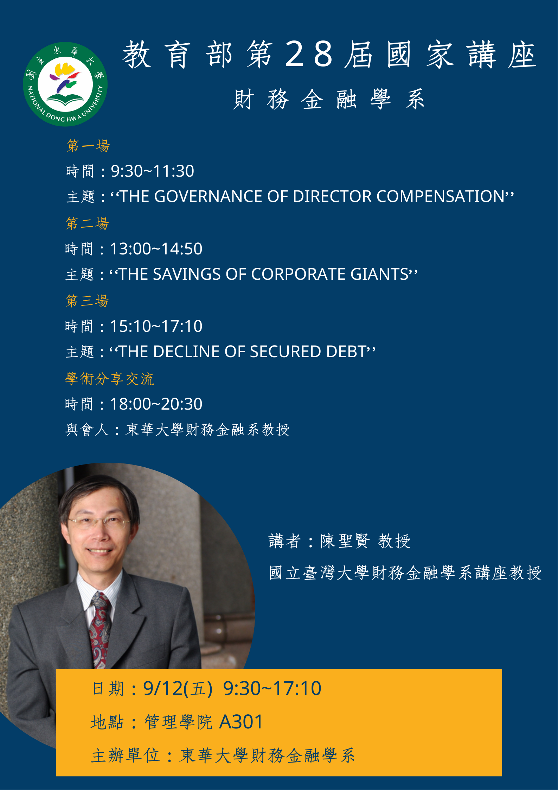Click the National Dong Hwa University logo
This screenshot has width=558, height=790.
pos(65,84)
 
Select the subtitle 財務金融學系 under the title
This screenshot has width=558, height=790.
pos(329,99)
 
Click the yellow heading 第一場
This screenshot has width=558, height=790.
pos(88,146)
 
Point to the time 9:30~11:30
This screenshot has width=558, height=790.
pos(153,171)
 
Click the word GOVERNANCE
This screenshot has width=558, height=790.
pos(209,196)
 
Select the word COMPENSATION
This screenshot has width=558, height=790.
pos(441,196)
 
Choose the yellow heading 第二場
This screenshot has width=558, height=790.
pos(88,223)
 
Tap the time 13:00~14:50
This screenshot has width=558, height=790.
pos(156,249)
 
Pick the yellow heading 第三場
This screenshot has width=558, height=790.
pos(88,301)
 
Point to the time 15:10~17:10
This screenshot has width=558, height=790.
pos(156,326)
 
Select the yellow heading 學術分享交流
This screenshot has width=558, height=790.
pos(110,379)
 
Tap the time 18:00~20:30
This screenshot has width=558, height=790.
pos(156,404)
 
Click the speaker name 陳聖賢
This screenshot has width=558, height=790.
pos(345,541)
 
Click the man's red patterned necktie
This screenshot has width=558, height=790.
pos(101,630)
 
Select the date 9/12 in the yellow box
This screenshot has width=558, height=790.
pos(163,689)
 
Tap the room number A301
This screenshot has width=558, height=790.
pos(241,722)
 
